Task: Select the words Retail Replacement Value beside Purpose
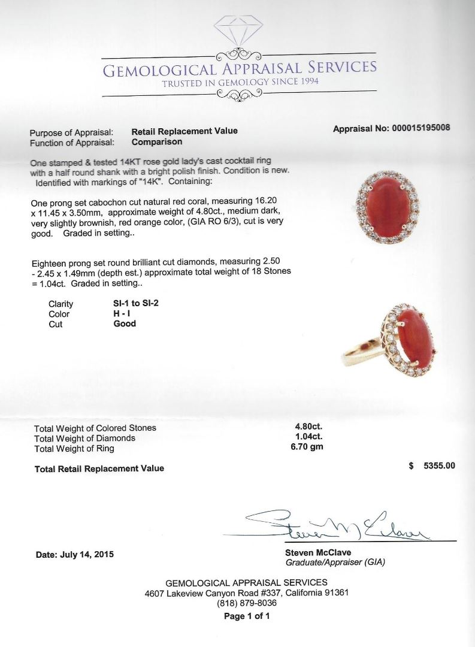click(x=184, y=131)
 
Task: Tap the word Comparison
click(x=157, y=142)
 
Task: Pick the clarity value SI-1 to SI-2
click(x=136, y=303)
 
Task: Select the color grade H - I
click(x=122, y=313)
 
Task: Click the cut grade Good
click(x=125, y=323)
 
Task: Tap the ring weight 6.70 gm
click(x=306, y=448)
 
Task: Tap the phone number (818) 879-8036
click(x=247, y=604)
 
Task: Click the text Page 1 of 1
click(x=247, y=616)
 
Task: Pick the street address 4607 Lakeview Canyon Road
click(x=209, y=593)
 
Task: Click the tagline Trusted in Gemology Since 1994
click(x=240, y=82)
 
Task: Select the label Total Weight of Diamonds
click(x=84, y=438)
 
